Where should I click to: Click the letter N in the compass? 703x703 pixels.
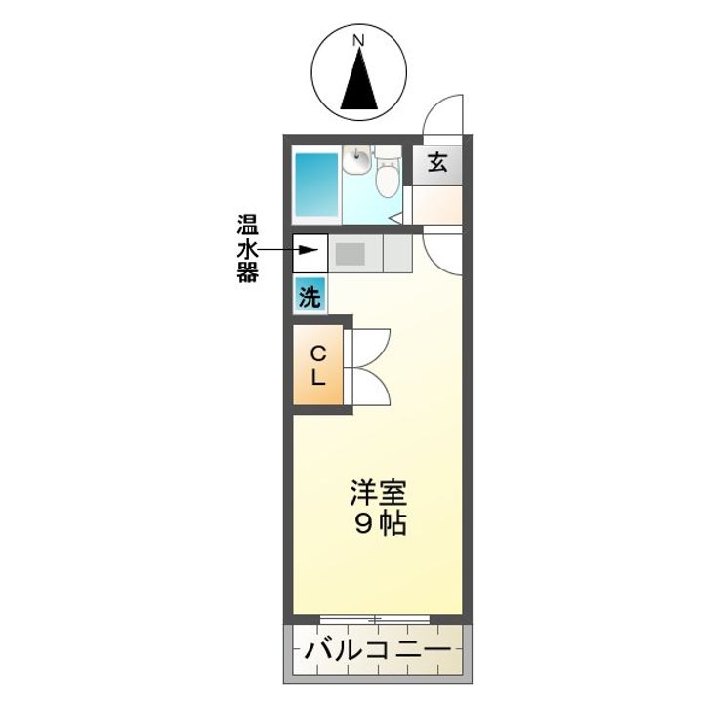[358, 41]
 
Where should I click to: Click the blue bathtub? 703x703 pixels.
[315, 186]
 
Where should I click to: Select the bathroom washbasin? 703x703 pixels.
[356, 158]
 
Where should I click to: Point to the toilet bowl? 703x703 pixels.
[388, 177]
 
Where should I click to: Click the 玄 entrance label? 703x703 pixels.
[437, 163]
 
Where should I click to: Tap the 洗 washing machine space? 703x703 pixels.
[309, 295]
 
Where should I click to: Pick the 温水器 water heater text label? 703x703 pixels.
[248, 248]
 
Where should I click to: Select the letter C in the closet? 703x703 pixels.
[318, 353]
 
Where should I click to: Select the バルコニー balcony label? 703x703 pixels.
[376, 651]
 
